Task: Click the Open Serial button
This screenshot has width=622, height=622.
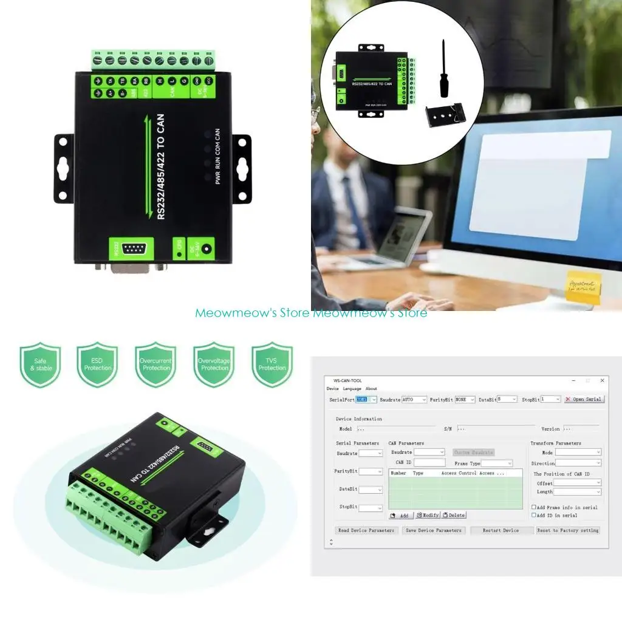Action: tap(584, 399)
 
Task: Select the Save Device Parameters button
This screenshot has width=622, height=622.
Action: tap(433, 530)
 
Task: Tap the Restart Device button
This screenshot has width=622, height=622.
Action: tap(501, 530)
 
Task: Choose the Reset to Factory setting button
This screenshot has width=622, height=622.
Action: tap(568, 530)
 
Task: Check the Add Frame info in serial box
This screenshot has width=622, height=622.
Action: tap(534, 507)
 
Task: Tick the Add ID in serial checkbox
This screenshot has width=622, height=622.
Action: tap(534, 515)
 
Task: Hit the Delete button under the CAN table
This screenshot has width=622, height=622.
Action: tap(454, 515)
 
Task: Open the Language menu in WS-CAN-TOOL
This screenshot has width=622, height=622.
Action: tap(352, 389)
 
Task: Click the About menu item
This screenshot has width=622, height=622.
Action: tap(371, 389)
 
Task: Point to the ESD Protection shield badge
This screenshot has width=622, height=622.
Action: tap(98, 364)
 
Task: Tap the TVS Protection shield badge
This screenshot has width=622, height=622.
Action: tap(272, 364)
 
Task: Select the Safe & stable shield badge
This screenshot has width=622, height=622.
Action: tap(40, 364)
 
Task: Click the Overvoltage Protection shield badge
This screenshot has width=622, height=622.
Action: tap(214, 364)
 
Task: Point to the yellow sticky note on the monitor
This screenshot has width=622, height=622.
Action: tap(584, 286)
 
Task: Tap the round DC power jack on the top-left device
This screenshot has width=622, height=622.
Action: tap(207, 248)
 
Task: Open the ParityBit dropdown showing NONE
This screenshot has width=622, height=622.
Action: tap(465, 399)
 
